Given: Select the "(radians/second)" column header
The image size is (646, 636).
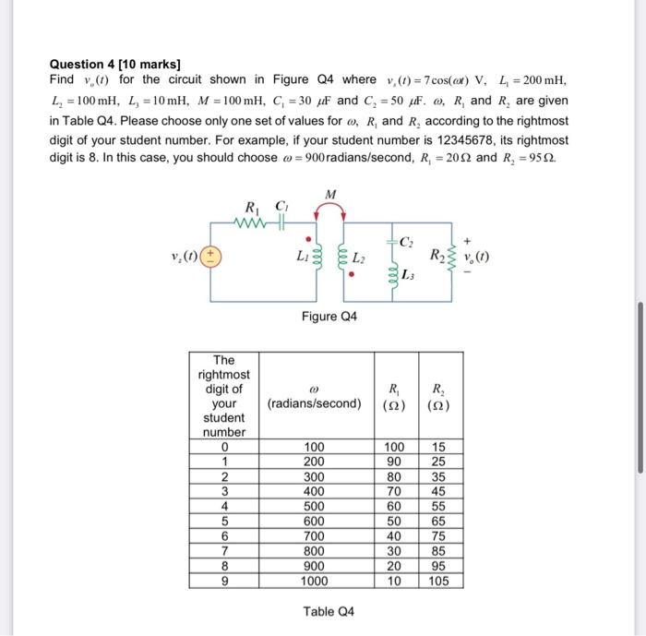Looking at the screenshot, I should click(314, 403).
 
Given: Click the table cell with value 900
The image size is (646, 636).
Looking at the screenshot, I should click(314, 567).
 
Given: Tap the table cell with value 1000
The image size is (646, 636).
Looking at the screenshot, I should click(314, 582).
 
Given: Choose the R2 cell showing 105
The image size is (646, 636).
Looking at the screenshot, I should click(438, 582).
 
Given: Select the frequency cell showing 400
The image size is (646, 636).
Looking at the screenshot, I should click(314, 492).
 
